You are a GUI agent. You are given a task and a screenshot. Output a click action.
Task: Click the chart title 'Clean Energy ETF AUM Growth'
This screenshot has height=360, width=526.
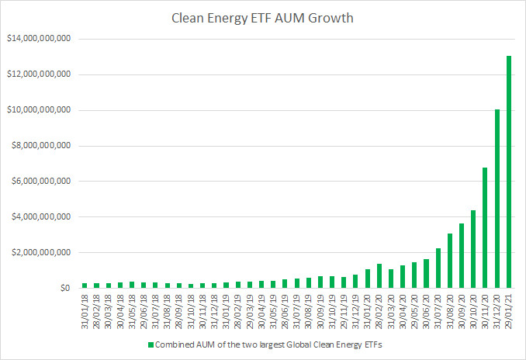[x=264, y=17]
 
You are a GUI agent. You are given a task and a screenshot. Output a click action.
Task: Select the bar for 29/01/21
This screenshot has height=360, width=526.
[x=510, y=171]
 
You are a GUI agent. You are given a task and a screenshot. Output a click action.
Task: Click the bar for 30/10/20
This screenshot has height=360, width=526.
[x=473, y=248]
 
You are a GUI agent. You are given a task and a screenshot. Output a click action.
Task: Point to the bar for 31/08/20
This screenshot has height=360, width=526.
[x=449, y=261]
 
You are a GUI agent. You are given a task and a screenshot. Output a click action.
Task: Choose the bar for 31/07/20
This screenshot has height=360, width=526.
[x=438, y=268]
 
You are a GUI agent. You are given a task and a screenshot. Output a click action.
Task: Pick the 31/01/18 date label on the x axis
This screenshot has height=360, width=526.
[x=85, y=308]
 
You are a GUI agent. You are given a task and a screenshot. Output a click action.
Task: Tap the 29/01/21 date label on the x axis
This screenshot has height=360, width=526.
[x=510, y=308]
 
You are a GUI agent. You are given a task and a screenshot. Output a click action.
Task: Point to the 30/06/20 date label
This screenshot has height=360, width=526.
[x=426, y=308]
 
